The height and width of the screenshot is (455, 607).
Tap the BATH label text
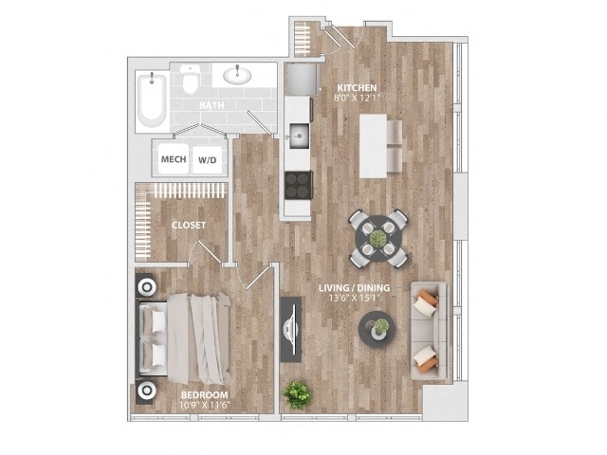click(x=212, y=106)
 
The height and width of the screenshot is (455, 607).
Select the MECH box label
click(x=173, y=159)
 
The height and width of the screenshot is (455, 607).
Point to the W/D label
click(x=206, y=160)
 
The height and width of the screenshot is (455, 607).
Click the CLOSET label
click(x=189, y=225)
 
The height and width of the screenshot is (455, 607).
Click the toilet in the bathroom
click(x=191, y=80)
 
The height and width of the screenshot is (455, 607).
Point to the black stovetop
click(x=298, y=183)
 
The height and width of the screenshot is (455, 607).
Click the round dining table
click(x=378, y=237)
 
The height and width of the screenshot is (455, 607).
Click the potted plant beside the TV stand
click(x=299, y=393)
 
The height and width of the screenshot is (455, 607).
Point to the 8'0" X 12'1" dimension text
click(x=356, y=98)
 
